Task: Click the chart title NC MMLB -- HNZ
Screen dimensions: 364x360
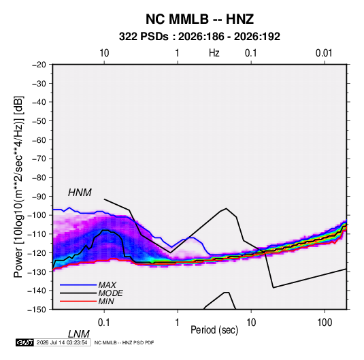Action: pos(199,19)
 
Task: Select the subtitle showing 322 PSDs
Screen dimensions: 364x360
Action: pos(199,37)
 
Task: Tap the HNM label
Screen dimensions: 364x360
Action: pos(80,193)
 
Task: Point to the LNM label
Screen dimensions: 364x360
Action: pos(79,334)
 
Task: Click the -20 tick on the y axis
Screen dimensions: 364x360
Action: pos(39,65)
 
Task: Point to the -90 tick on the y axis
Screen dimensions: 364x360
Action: pos(39,197)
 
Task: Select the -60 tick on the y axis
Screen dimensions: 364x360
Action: pos(39,140)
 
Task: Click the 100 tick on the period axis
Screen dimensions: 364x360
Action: pos(325,323)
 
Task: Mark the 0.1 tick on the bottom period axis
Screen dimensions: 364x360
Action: pos(103,323)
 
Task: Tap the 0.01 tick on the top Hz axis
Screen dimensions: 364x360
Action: pos(324,53)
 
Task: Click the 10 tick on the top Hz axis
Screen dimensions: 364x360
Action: pos(104,53)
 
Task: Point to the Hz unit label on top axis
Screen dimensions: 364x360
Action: pos(214,53)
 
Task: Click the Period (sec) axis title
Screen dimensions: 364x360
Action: pos(214,330)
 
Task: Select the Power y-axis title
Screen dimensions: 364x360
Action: pos(18,186)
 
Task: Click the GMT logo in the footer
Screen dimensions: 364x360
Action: pos(24,342)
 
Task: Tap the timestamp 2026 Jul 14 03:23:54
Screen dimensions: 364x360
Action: pos(62,342)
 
